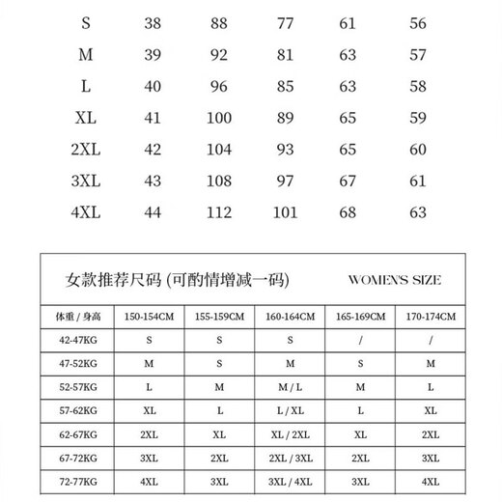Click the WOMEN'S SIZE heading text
pos(393,281)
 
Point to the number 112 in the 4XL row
pos(219,210)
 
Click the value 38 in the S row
pos(153,24)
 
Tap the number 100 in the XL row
pos(219,118)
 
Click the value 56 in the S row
pos(417,24)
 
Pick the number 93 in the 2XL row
pos(285,149)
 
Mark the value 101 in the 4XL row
pos(285,210)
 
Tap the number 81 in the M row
pos(285,55)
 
